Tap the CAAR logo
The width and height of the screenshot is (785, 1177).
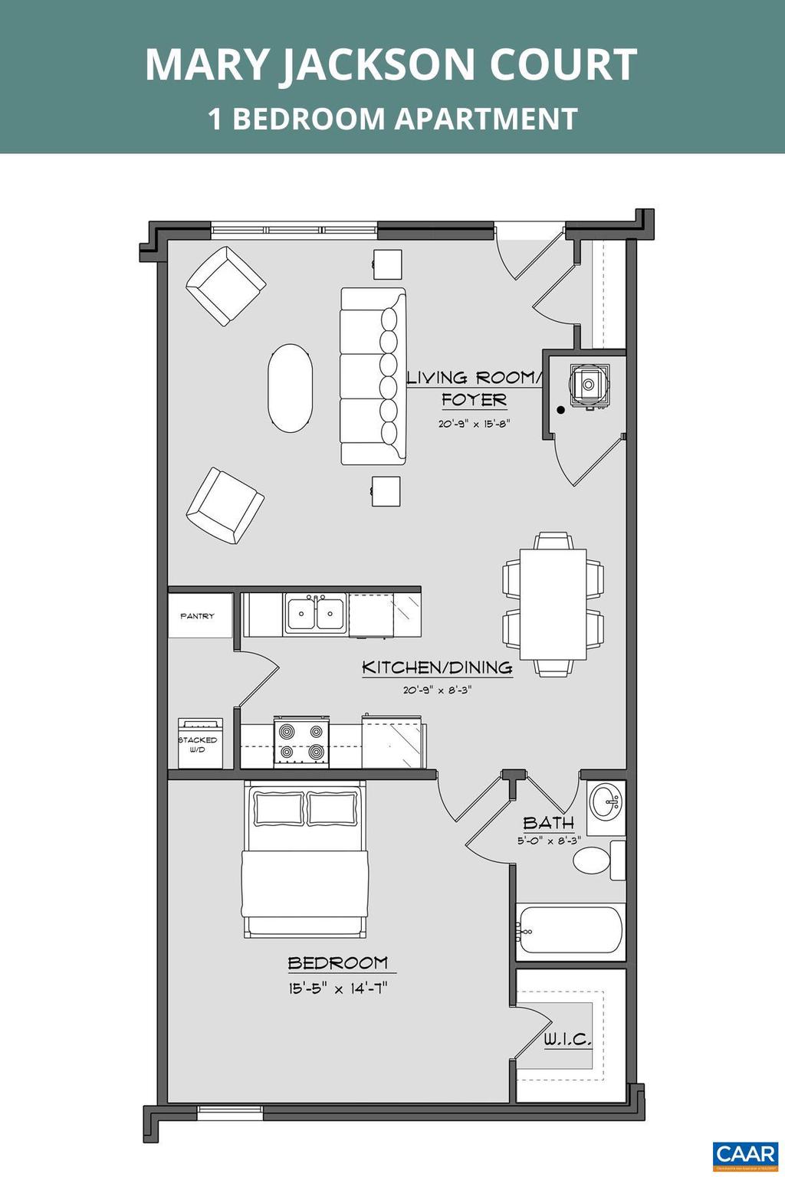click(x=744, y=1155)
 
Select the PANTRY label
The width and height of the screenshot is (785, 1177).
click(x=198, y=616)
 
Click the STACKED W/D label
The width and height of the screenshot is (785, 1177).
click(x=198, y=744)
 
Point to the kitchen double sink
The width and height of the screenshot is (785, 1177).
click(x=315, y=614)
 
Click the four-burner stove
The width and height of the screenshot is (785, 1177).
click(x=301, y=743)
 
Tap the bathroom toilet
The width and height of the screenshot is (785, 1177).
click(x=592, y=860)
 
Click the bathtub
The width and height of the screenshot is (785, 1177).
click(x=570, y=930)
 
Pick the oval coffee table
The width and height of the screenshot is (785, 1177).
click(x=290, y=387)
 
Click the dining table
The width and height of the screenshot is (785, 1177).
click(x=553, y=604)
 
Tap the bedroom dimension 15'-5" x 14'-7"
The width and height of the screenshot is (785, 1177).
click(x=338, y=988)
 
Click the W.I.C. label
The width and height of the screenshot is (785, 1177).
click(x=567, y=1040)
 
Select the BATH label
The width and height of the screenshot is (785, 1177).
click(x=548, y=823)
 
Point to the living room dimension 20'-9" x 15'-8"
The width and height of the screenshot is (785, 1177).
click(x=474, y=424)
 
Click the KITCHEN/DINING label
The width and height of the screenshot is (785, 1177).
click(x=437, y=667)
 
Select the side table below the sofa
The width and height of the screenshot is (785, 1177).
click(x=386, y=491)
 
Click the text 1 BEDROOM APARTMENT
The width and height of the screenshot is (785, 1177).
click(x=392, y=119)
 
